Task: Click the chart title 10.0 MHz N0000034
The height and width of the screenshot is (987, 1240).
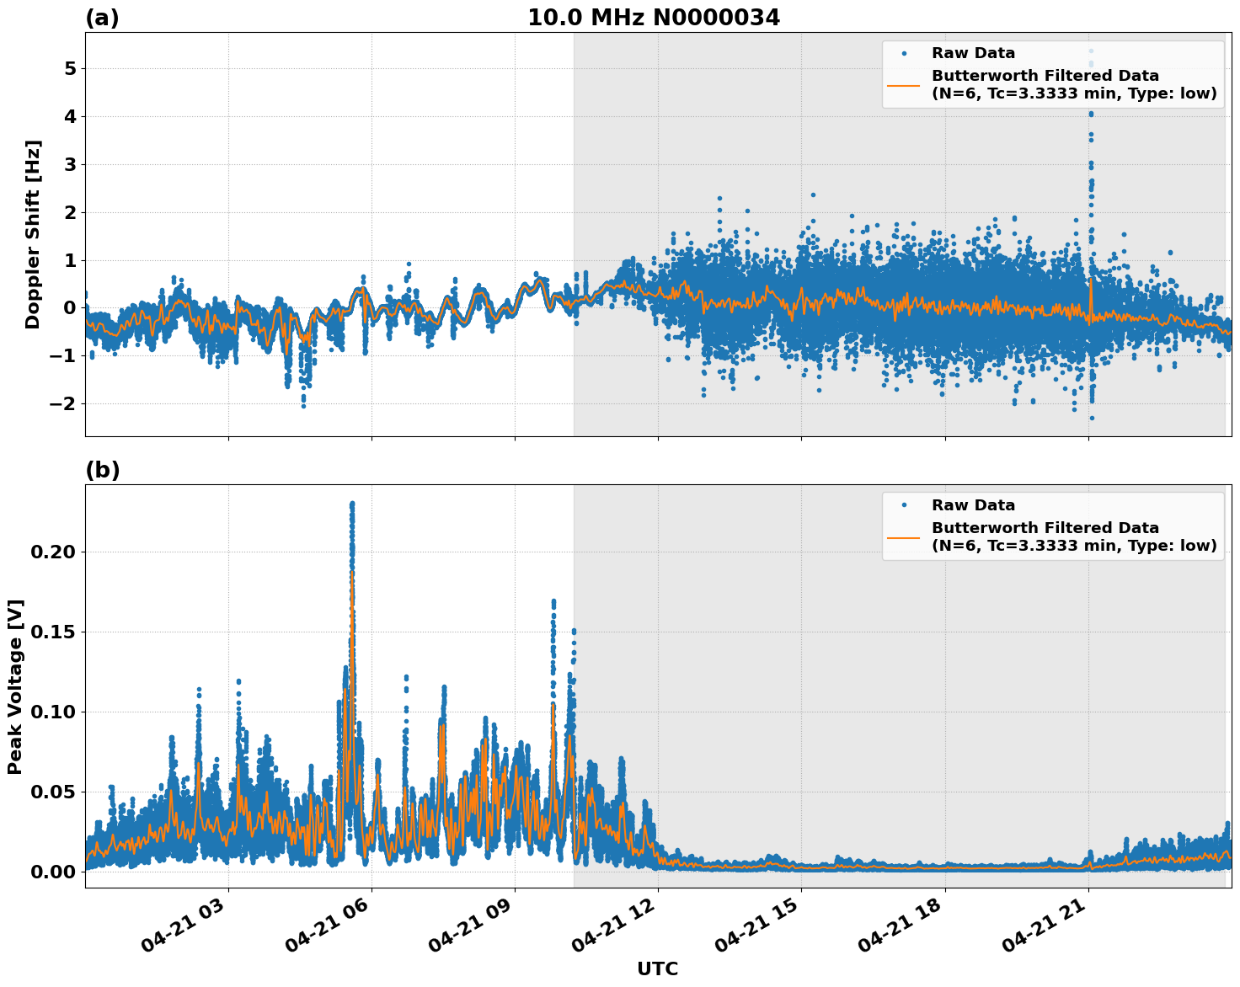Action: click(x=653, y=18)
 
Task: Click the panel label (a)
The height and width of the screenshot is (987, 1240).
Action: click(x=102, y=18)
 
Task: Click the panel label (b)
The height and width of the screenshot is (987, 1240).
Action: click(x=102, y=470)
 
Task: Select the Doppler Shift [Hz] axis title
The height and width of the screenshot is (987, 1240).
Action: click(x=33, y=234)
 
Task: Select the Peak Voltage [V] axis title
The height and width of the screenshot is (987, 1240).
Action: click(x=15, y=686)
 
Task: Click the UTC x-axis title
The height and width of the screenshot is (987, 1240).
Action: click(x=657, y=968)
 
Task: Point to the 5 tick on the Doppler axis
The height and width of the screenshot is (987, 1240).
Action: click(x=70, y=68)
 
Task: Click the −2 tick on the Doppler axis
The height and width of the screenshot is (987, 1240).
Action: click(x=63, y=403)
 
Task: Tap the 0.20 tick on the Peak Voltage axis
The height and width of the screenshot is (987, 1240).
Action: click(x=54, y=552)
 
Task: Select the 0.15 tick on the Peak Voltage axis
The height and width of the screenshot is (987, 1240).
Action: click(x=54, y=632)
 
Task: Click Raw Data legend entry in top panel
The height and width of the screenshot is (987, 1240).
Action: click(x=973, y=53)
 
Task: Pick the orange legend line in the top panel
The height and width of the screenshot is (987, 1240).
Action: click(x=903, y=85)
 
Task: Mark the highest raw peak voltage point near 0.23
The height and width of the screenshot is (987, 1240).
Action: click(x=352, y=504)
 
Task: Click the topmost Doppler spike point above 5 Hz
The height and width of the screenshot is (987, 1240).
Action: click(x=1091, y=51)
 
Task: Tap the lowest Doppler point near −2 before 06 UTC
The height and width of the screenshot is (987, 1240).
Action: click(x=304, y=406)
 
